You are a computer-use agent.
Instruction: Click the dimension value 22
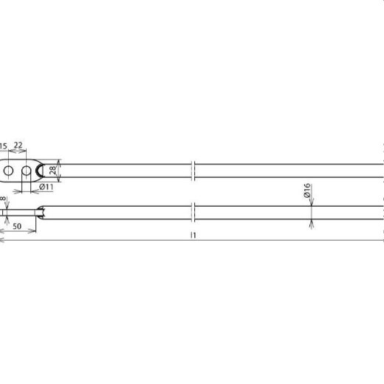[18, 146]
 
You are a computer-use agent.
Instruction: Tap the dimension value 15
[4, 146]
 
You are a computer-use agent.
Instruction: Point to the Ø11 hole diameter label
[46, 188]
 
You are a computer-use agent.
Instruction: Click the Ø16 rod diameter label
[306, 194]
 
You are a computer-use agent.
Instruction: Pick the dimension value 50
[16, 225]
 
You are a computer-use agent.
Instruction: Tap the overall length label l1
[192, 235]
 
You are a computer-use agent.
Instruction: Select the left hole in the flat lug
[8, 171]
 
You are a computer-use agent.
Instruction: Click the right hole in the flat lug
[27, 171]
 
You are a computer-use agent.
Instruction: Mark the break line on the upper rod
[192, 171]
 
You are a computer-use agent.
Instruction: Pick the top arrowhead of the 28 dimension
[58, 162]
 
